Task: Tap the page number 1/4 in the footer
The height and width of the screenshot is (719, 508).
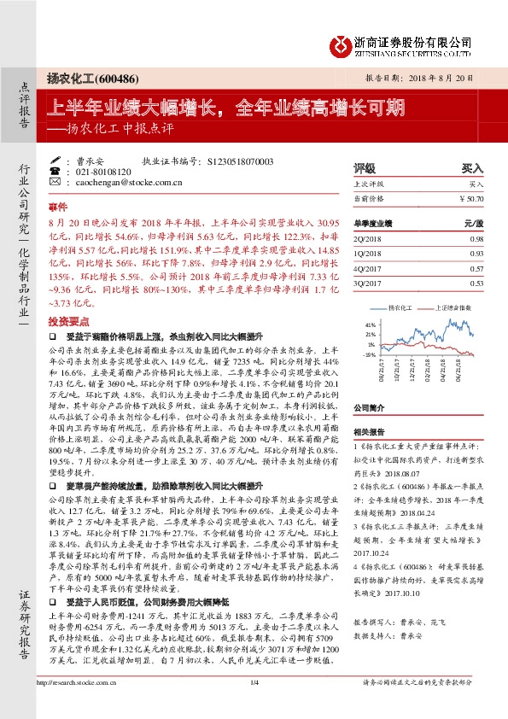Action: (x=254, y=704)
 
